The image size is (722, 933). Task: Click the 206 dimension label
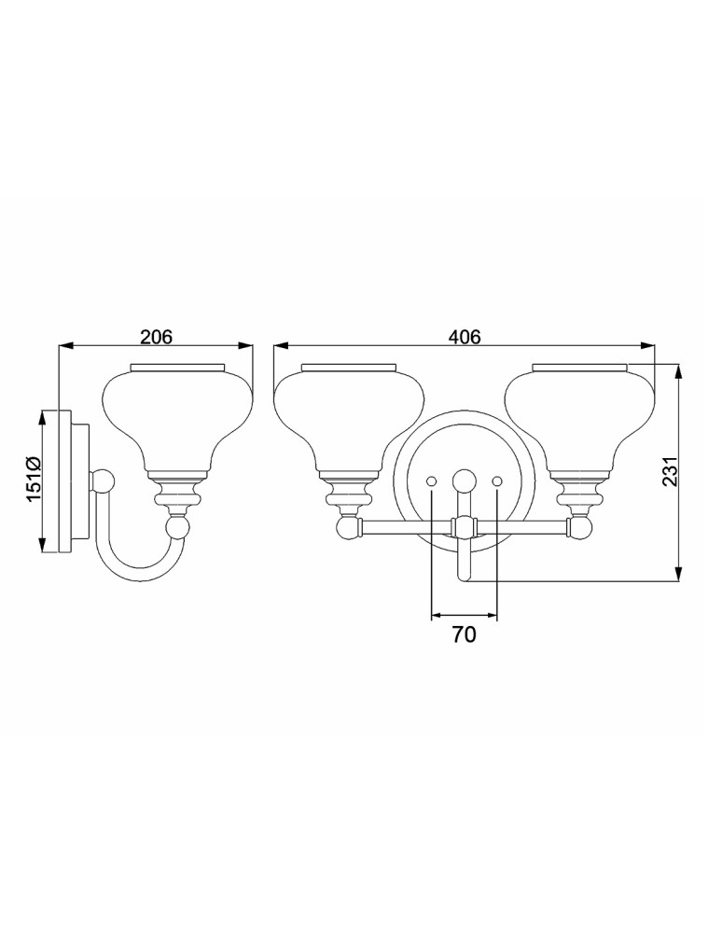(156, 337)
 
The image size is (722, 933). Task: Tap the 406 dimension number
(464, 337)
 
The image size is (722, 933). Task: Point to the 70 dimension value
(464, 636)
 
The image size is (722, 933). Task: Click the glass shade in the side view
(176, 415)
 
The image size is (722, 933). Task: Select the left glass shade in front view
(347, 415)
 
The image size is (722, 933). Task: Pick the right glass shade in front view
(579, 415)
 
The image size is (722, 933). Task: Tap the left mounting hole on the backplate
(431, 480)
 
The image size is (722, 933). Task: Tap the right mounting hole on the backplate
(496, 480)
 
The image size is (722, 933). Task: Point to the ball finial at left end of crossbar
(349, 529)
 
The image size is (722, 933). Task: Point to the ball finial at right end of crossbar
(580, 529)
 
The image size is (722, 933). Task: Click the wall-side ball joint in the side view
(102, 482)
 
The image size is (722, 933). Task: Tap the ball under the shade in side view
(177, 529)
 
